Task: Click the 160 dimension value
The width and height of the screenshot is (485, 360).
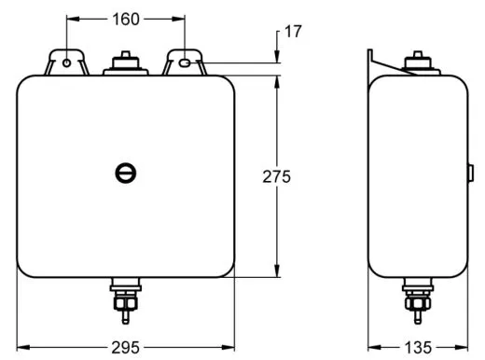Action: pos(126,20)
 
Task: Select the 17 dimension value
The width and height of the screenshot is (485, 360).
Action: pos(293,32)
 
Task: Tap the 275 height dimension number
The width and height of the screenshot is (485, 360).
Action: pos(276,176)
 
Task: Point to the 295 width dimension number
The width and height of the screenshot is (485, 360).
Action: pos(126,347)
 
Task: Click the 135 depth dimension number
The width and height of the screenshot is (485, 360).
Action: pos(418,347)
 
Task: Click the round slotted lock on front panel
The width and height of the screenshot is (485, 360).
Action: pos(126,173)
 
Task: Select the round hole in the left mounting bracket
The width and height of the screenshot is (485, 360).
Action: pos(66,63)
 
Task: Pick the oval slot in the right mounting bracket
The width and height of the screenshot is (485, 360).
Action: pos(185,63)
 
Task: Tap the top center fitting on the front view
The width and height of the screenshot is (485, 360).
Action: pos(126,63)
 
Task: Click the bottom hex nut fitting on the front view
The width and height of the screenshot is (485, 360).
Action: pos(126,300)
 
